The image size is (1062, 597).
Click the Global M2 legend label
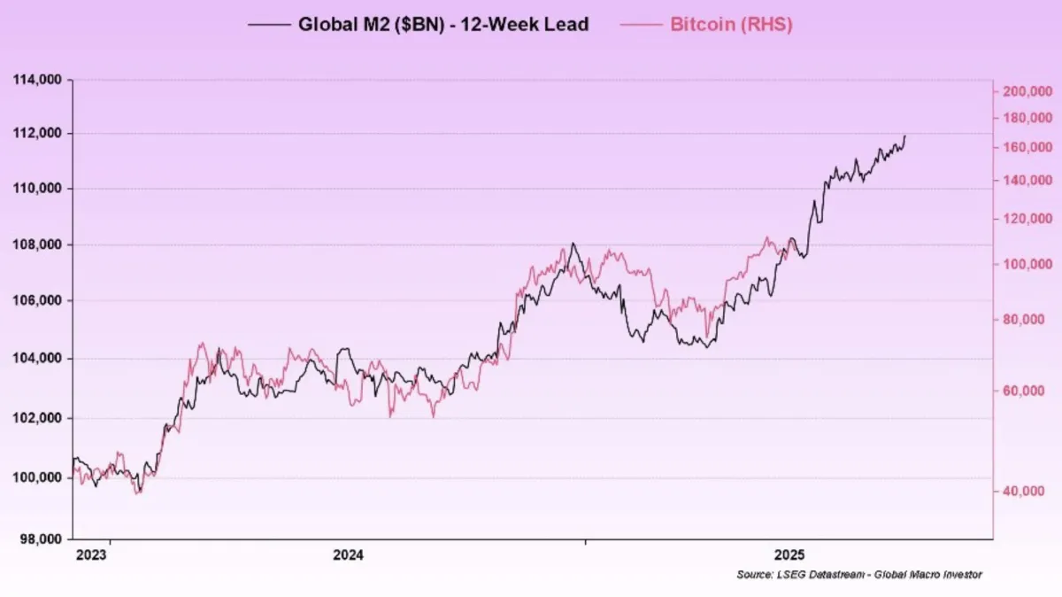[x=442, y=24]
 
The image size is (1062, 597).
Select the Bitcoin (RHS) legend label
[x=731, y=24]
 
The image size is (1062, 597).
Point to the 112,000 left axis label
[x=37, y=134]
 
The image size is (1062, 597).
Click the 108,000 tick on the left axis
[x=37, y=244]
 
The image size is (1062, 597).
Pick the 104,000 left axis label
[x=37, y=359]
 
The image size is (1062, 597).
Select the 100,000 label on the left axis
[x=37, y=478]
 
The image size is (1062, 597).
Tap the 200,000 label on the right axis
[x=1027, y=91]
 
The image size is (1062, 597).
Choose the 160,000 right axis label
[x=1027, y=147]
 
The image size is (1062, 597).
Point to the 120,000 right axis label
[x=1027, y=219]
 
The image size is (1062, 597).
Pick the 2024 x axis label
[x=349, y=555]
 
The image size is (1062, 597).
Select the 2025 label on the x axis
[x=789, y=555]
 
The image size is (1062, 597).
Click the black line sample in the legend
[x=269, y=25]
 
